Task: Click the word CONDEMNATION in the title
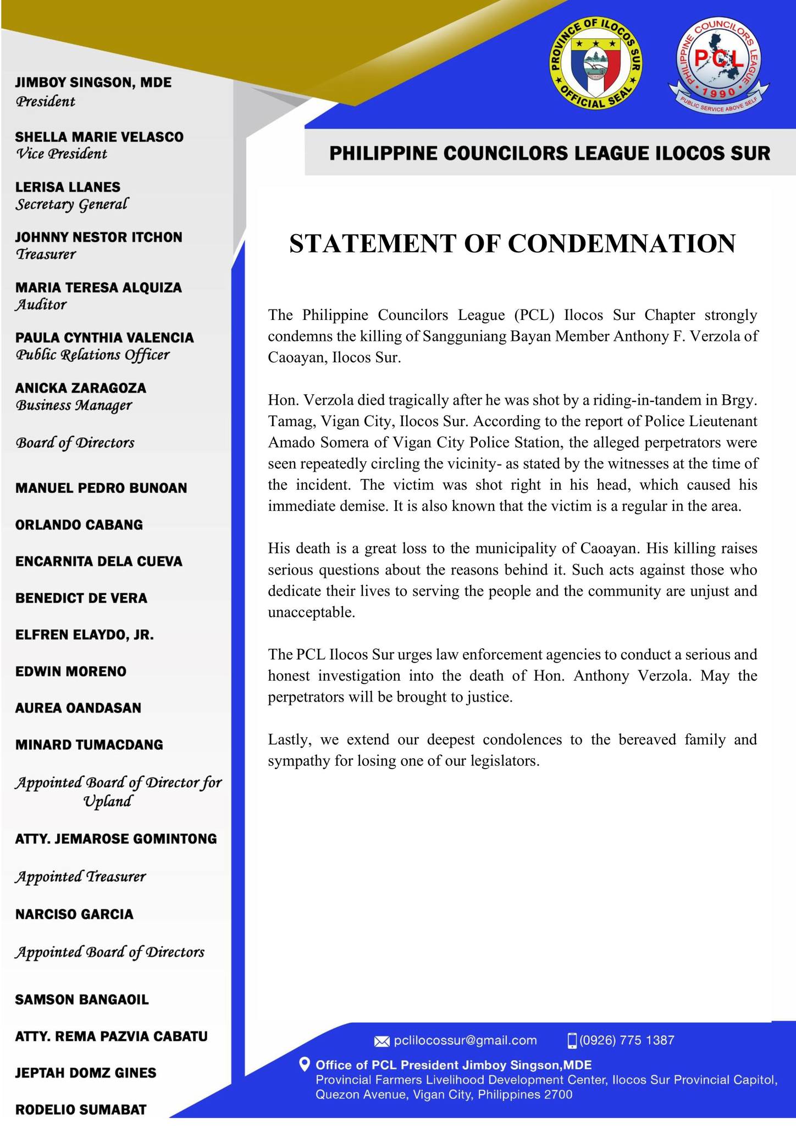(621, 244)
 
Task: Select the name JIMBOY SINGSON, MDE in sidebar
(93, 83)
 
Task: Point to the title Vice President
(61, 154)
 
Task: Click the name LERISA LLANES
(68, 187)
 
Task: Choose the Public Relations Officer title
(92, 355)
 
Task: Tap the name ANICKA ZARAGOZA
(81, 388)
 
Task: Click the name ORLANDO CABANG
(79, 525)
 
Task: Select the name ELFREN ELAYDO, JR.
(85, 635)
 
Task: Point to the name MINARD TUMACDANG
(89, 744)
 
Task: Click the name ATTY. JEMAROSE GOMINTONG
(116, 838)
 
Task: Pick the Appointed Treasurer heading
(80, 876)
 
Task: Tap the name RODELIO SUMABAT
(81, 1110)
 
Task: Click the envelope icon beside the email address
(382, 1041)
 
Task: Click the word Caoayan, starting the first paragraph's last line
(292, 358)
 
